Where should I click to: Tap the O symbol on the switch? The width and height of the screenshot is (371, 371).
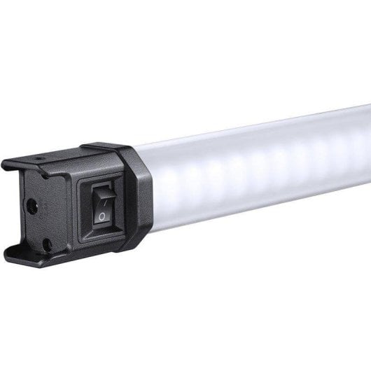(103, 216)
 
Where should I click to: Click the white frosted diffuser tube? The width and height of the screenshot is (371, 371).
(259, 175)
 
